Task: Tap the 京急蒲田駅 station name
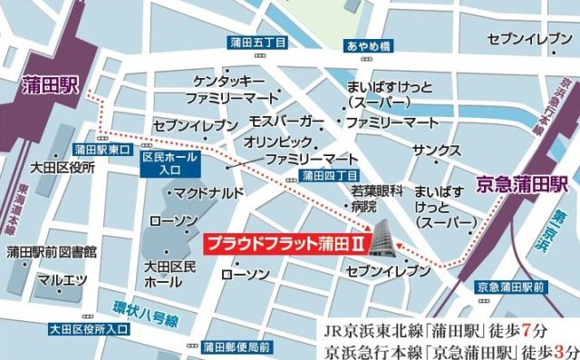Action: tap(521, 182)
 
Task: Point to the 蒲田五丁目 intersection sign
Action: tap(258, 43)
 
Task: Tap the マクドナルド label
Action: tap(209, 192)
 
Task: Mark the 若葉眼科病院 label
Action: tap(375, 199)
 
